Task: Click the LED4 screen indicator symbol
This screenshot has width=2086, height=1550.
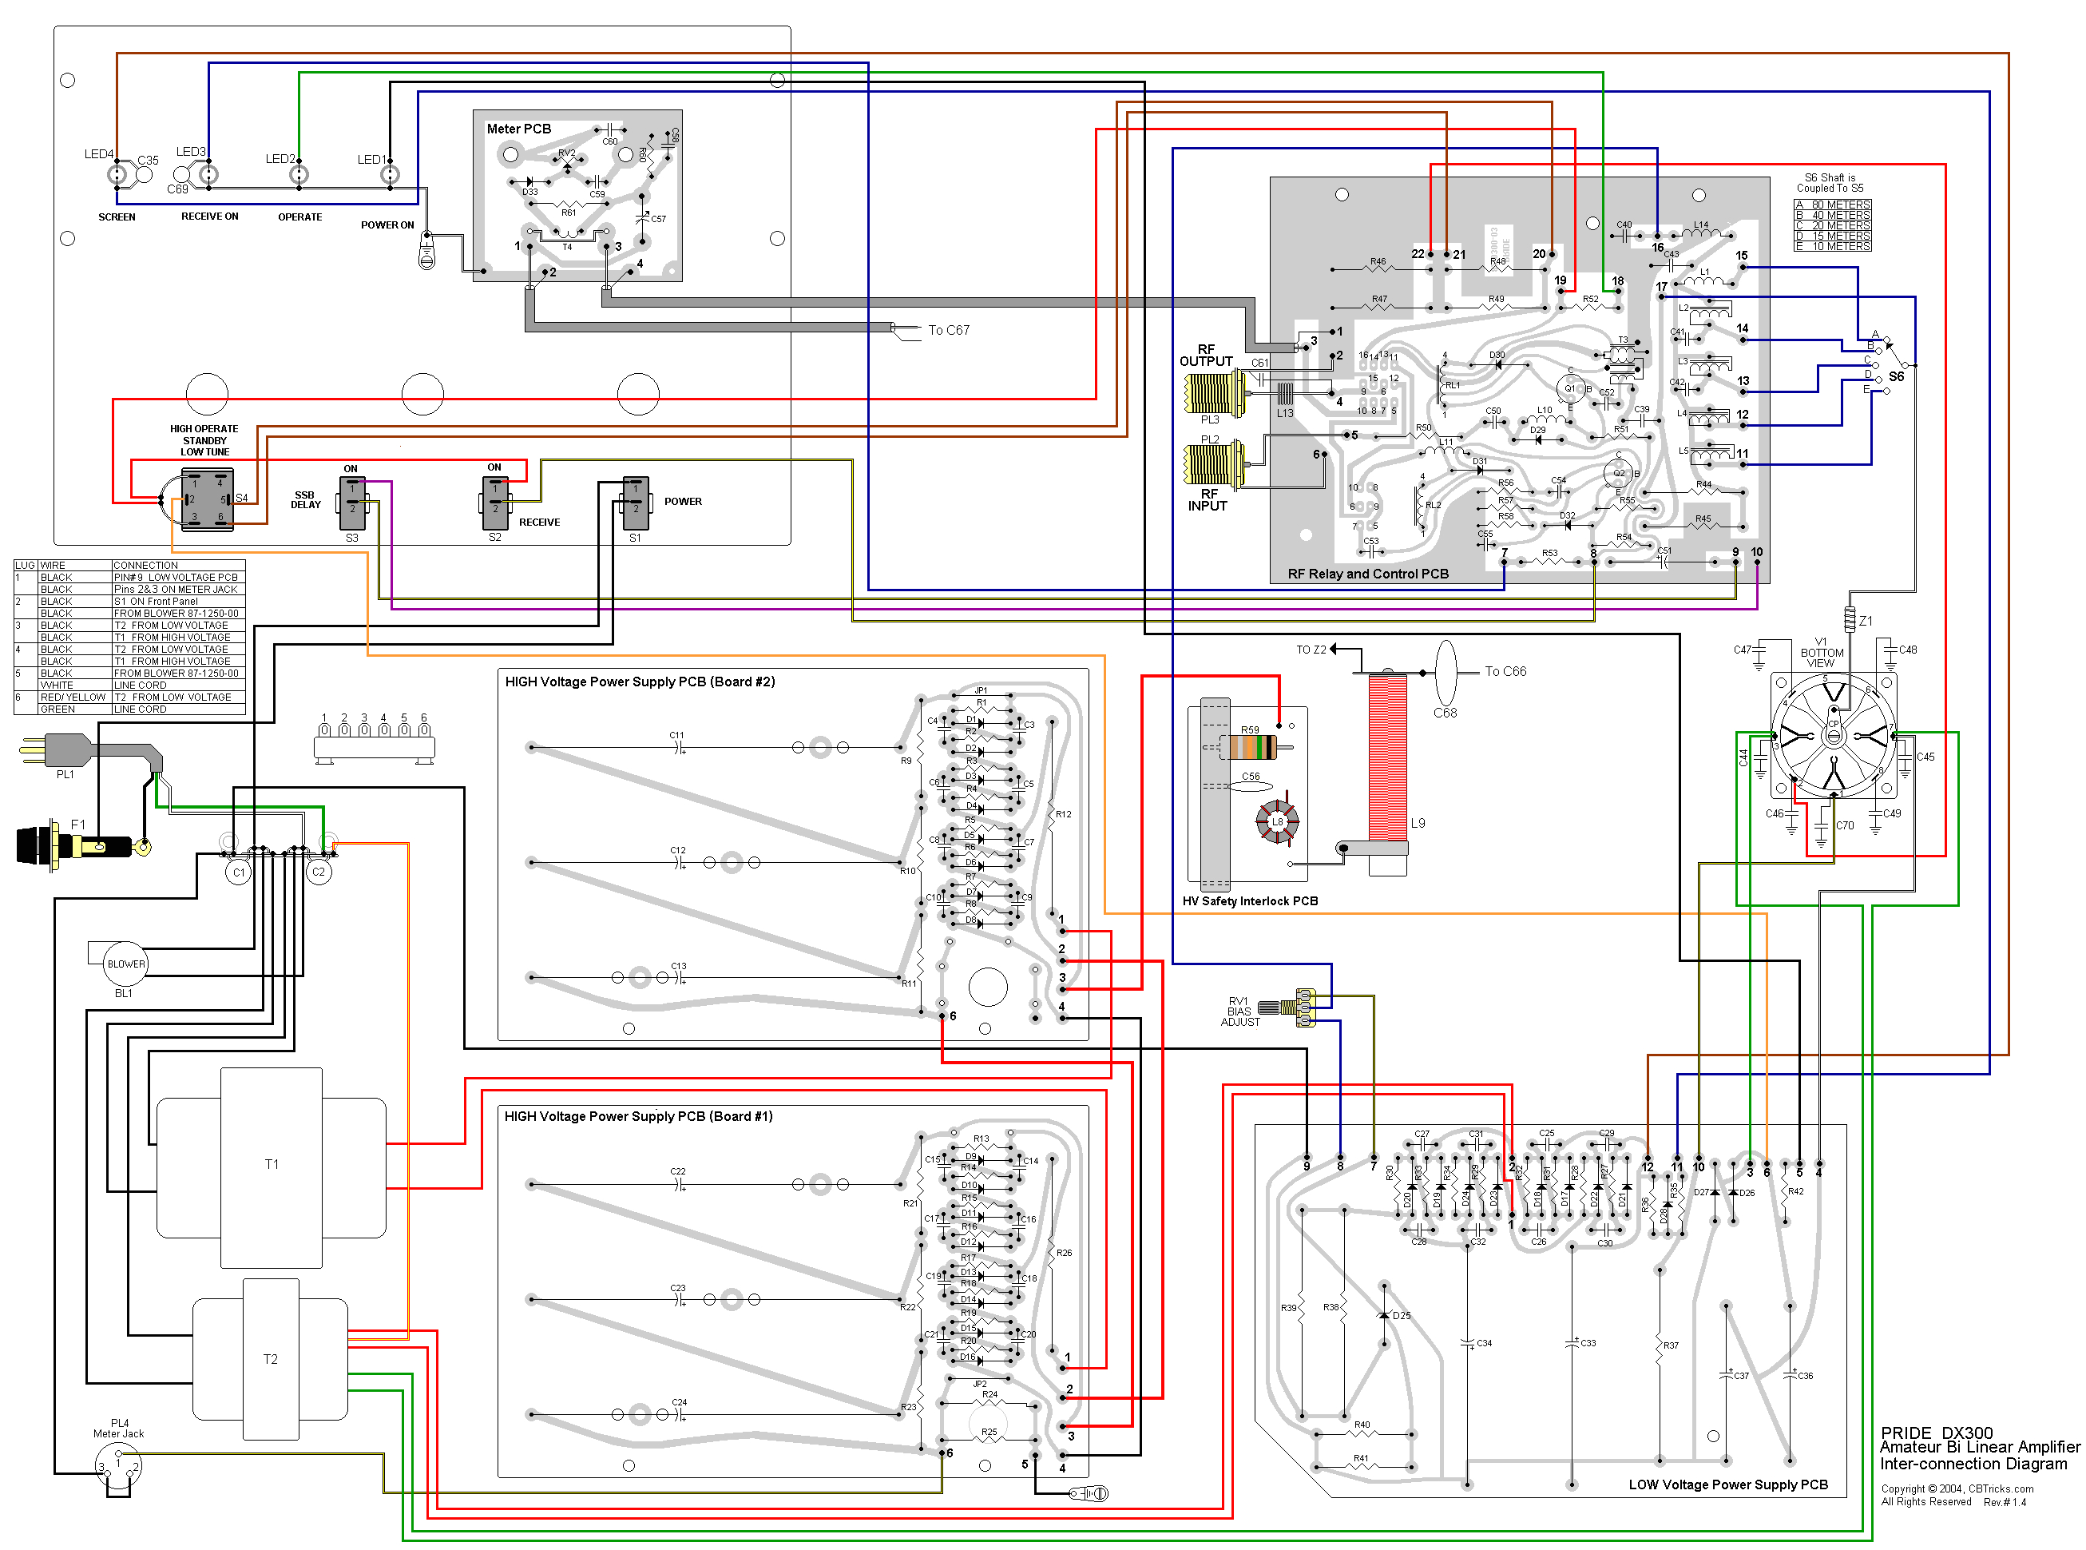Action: [117, 174]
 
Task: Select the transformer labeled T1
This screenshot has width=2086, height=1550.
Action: [271, 1166]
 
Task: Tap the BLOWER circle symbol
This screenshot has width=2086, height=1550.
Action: [125, 964]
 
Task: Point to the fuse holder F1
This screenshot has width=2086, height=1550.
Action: [75, 845]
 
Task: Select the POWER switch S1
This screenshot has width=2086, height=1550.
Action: [635, 503]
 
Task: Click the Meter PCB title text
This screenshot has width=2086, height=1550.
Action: [518, 129]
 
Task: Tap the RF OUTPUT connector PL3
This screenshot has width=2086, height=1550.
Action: [1215, 393]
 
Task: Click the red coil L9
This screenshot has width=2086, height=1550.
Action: [1387, 758]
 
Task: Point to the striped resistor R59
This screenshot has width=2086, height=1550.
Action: [1248, 748]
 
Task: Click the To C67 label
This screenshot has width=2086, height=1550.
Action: [947, 330]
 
